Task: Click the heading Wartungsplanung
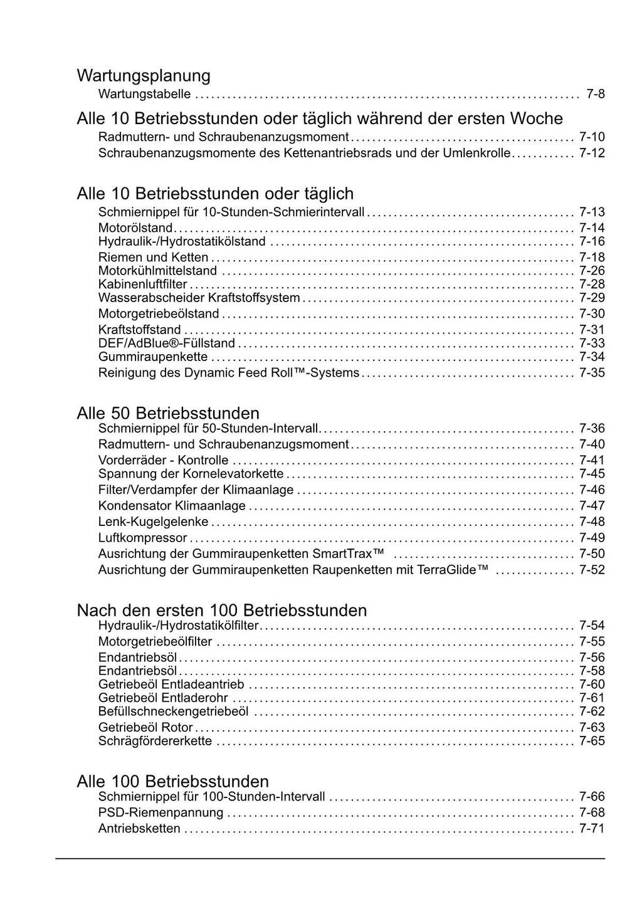point(144,76)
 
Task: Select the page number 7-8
point(595,94)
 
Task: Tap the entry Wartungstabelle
point(144,94)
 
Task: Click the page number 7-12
point(592,153)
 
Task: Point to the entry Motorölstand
point(135,228)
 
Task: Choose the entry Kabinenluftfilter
point(142,285)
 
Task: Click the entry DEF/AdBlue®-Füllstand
point(167,343)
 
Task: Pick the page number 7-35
point(592,373)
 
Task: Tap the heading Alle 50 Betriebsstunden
point(168,413)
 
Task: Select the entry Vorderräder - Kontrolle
point(163,460)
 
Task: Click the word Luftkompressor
point(142,538)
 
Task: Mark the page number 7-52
point(592,570)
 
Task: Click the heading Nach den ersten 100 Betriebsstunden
point(221,610)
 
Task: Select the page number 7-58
point(592,671)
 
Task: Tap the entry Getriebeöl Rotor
point(145,727)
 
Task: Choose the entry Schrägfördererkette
point(155,741)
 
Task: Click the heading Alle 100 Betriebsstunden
point(172,781)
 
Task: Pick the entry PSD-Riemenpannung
point(160,812)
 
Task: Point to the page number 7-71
point(592,829)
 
